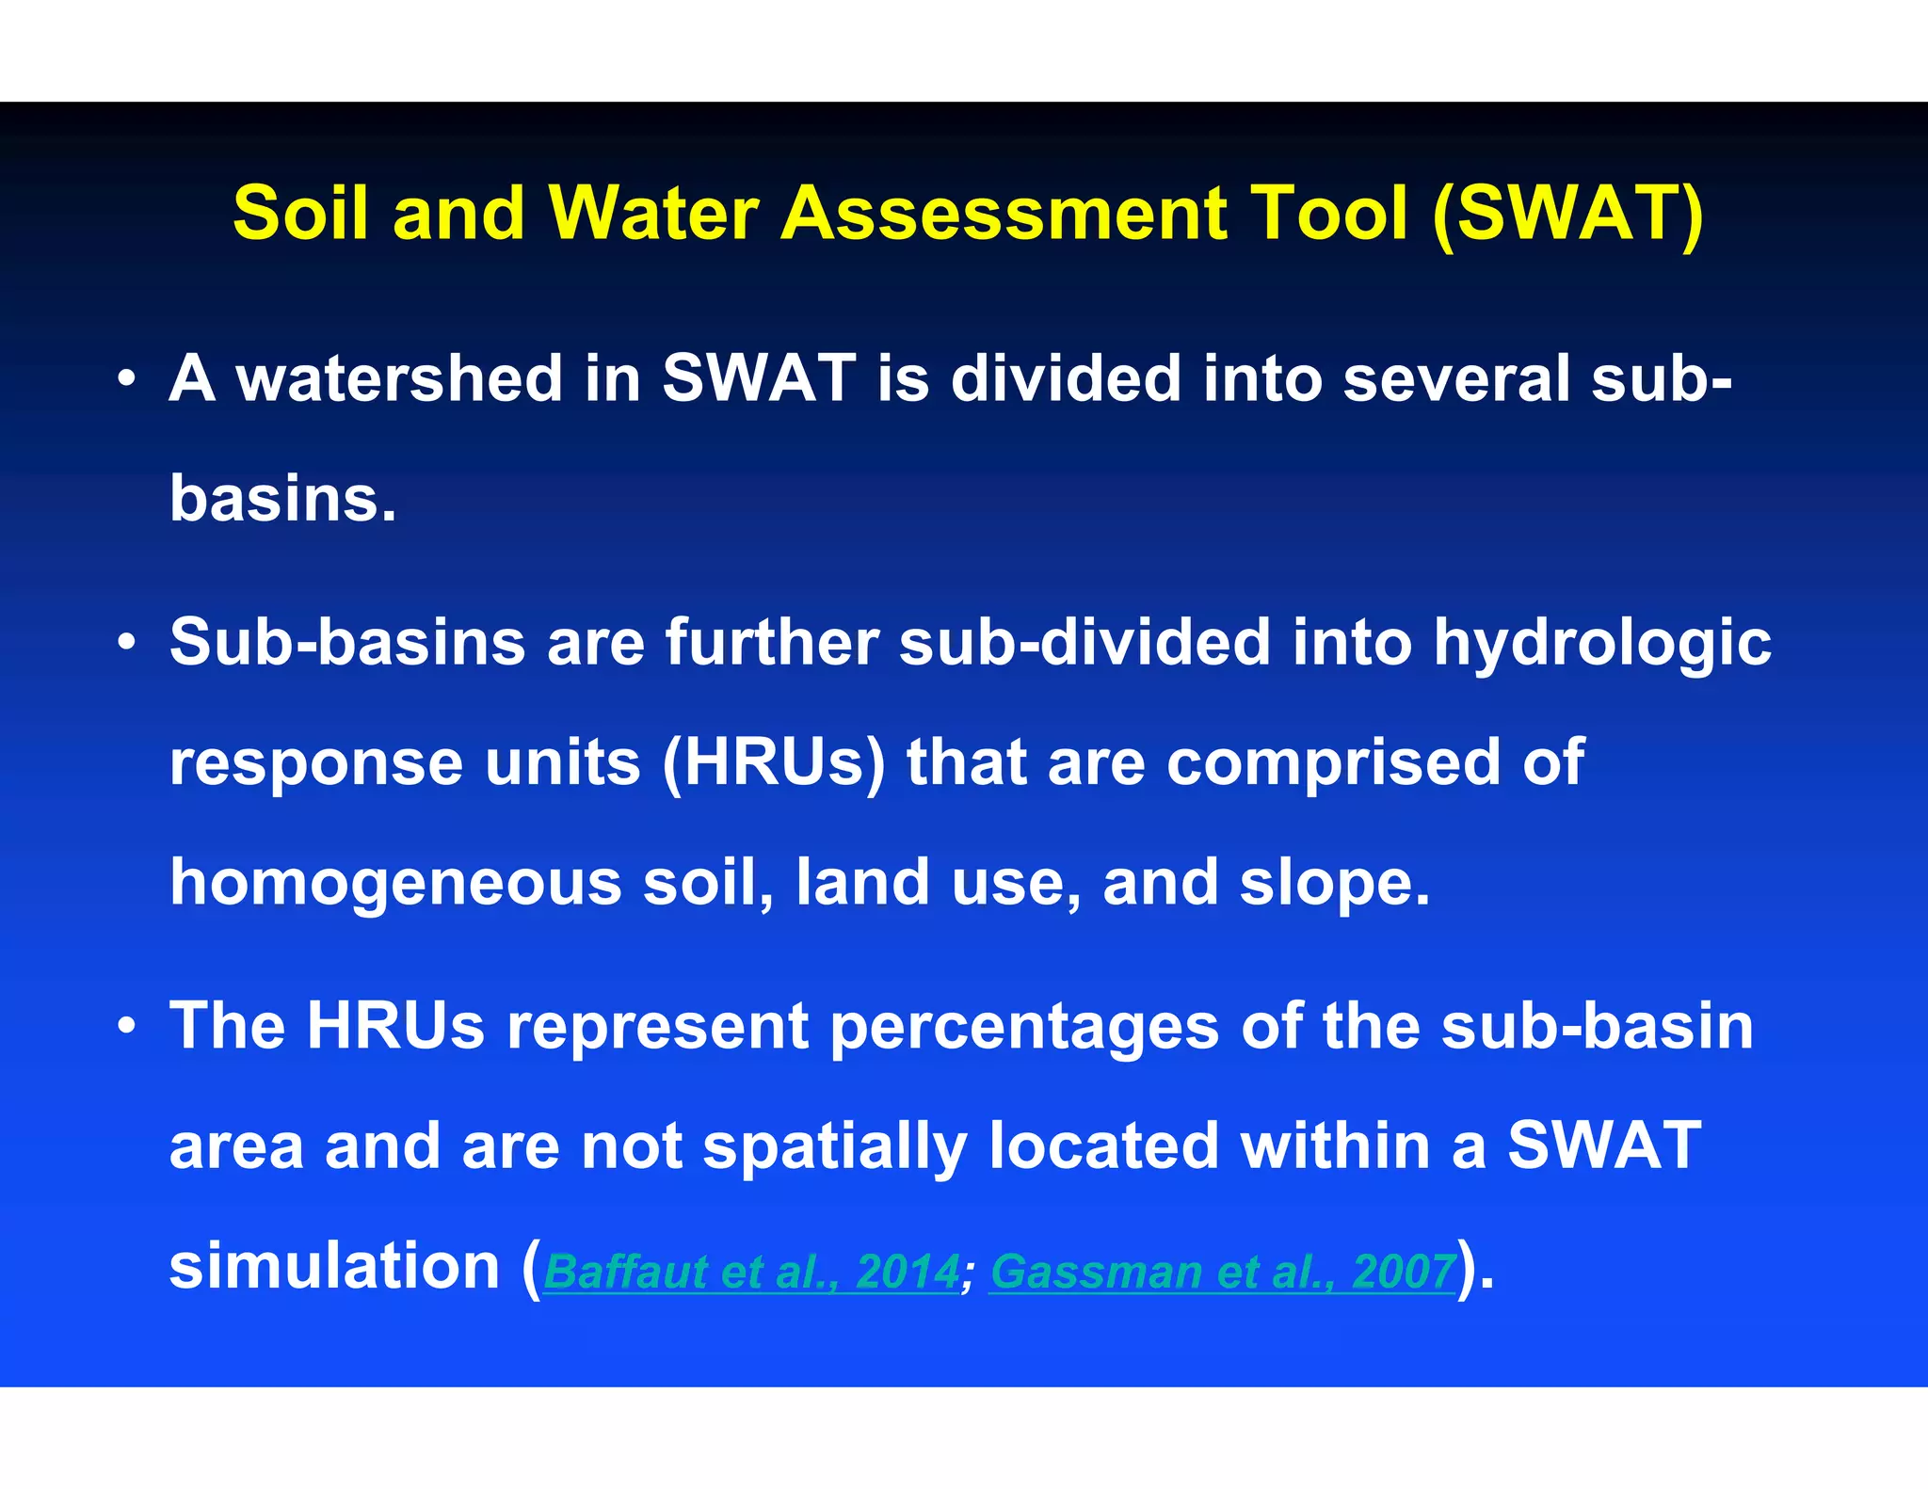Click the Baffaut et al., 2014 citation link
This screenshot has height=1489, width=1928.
pos(751,1272)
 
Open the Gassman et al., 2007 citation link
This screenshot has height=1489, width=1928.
pos(1222,1272)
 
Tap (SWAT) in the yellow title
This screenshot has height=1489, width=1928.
pos(1566,214)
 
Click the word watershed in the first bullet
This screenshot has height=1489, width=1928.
pos(399,378)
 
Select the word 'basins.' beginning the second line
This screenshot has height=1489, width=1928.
pos(282,498)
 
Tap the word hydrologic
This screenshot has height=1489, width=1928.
pos(1602,645)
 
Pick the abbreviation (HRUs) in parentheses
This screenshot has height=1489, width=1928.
pos(774,762)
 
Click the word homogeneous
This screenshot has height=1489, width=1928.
pos(395,883)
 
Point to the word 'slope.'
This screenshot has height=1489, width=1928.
pos(1334,883)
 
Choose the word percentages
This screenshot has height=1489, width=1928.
pos(1024,1027)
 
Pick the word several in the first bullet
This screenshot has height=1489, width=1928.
pos(1456,378)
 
